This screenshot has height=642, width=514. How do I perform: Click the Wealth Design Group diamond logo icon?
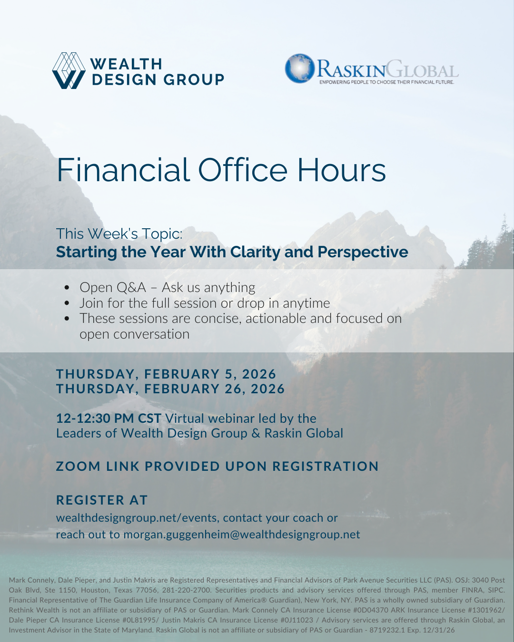[x=69, y=71]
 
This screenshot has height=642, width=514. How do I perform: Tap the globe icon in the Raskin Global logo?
[x=299, y=68]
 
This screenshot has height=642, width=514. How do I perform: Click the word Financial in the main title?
[x=123, y=170]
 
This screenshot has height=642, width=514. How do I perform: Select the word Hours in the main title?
[x=342, y=170]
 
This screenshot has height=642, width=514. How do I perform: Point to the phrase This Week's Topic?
[x=119, y=233]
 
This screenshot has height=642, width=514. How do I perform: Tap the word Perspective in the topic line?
[x=363, y=253]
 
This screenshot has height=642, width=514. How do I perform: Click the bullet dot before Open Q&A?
[x=67, y=288]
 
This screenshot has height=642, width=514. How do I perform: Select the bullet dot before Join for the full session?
[x=67, y=303]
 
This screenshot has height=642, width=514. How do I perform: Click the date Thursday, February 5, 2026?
[x=166, y=374]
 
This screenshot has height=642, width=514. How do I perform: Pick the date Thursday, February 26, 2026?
[x=170, y=389]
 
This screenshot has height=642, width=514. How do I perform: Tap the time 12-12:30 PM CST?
[x=109, y=418]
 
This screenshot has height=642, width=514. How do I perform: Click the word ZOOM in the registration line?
[x=78, y=467]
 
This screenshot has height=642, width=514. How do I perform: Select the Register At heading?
[x=102, y=500]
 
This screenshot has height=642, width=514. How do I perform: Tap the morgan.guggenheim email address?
[x=242, y=535]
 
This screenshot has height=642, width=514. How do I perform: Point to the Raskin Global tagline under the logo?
[x=387, y=82]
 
